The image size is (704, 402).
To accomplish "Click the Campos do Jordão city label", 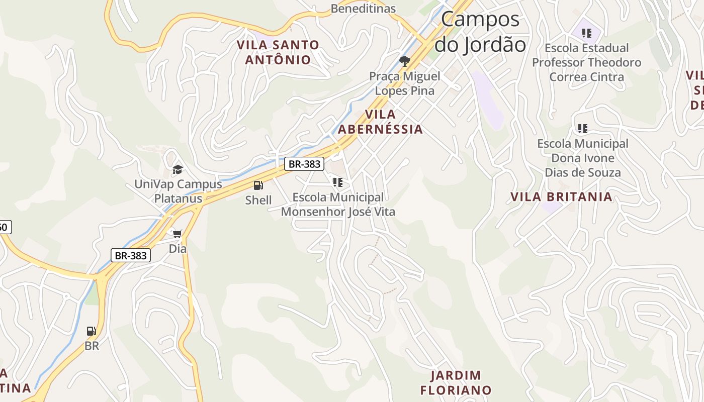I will (x=480, y=32).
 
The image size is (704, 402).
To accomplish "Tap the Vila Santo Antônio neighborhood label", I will (x=278, y=52).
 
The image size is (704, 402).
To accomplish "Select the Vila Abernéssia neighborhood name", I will (x=380, y=122).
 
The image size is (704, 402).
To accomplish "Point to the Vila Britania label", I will (x=562, y=196).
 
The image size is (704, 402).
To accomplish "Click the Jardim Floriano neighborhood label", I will (x=456, y=382).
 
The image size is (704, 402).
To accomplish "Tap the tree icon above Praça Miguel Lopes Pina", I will (x=404, y=61).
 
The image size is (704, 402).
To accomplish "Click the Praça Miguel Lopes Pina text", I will (x=404, y=83).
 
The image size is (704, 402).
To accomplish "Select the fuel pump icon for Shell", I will (x=258, y=185).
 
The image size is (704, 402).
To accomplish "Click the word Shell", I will (x=258, y=200).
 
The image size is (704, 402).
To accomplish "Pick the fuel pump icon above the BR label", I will (x=92, y=331).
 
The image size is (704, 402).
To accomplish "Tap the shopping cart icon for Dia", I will (x=178, y=234).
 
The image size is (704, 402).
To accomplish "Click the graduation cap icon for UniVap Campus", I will (x=178, y=169).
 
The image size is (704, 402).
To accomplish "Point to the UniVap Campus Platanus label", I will (x=178, y=191).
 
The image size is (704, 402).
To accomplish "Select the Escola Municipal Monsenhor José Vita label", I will (x=338, y=205).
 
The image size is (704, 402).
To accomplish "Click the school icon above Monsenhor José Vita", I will (x=338, y=182).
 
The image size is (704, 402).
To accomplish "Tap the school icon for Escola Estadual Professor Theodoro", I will (x=586, y=33).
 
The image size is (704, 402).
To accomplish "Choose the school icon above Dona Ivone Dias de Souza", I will (x=583, y=129).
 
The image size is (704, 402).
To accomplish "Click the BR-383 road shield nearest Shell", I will (x=304, y=164).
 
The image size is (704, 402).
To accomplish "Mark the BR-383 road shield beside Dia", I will (x=131, y=255).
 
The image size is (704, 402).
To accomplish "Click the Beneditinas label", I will (x=363, y=9).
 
